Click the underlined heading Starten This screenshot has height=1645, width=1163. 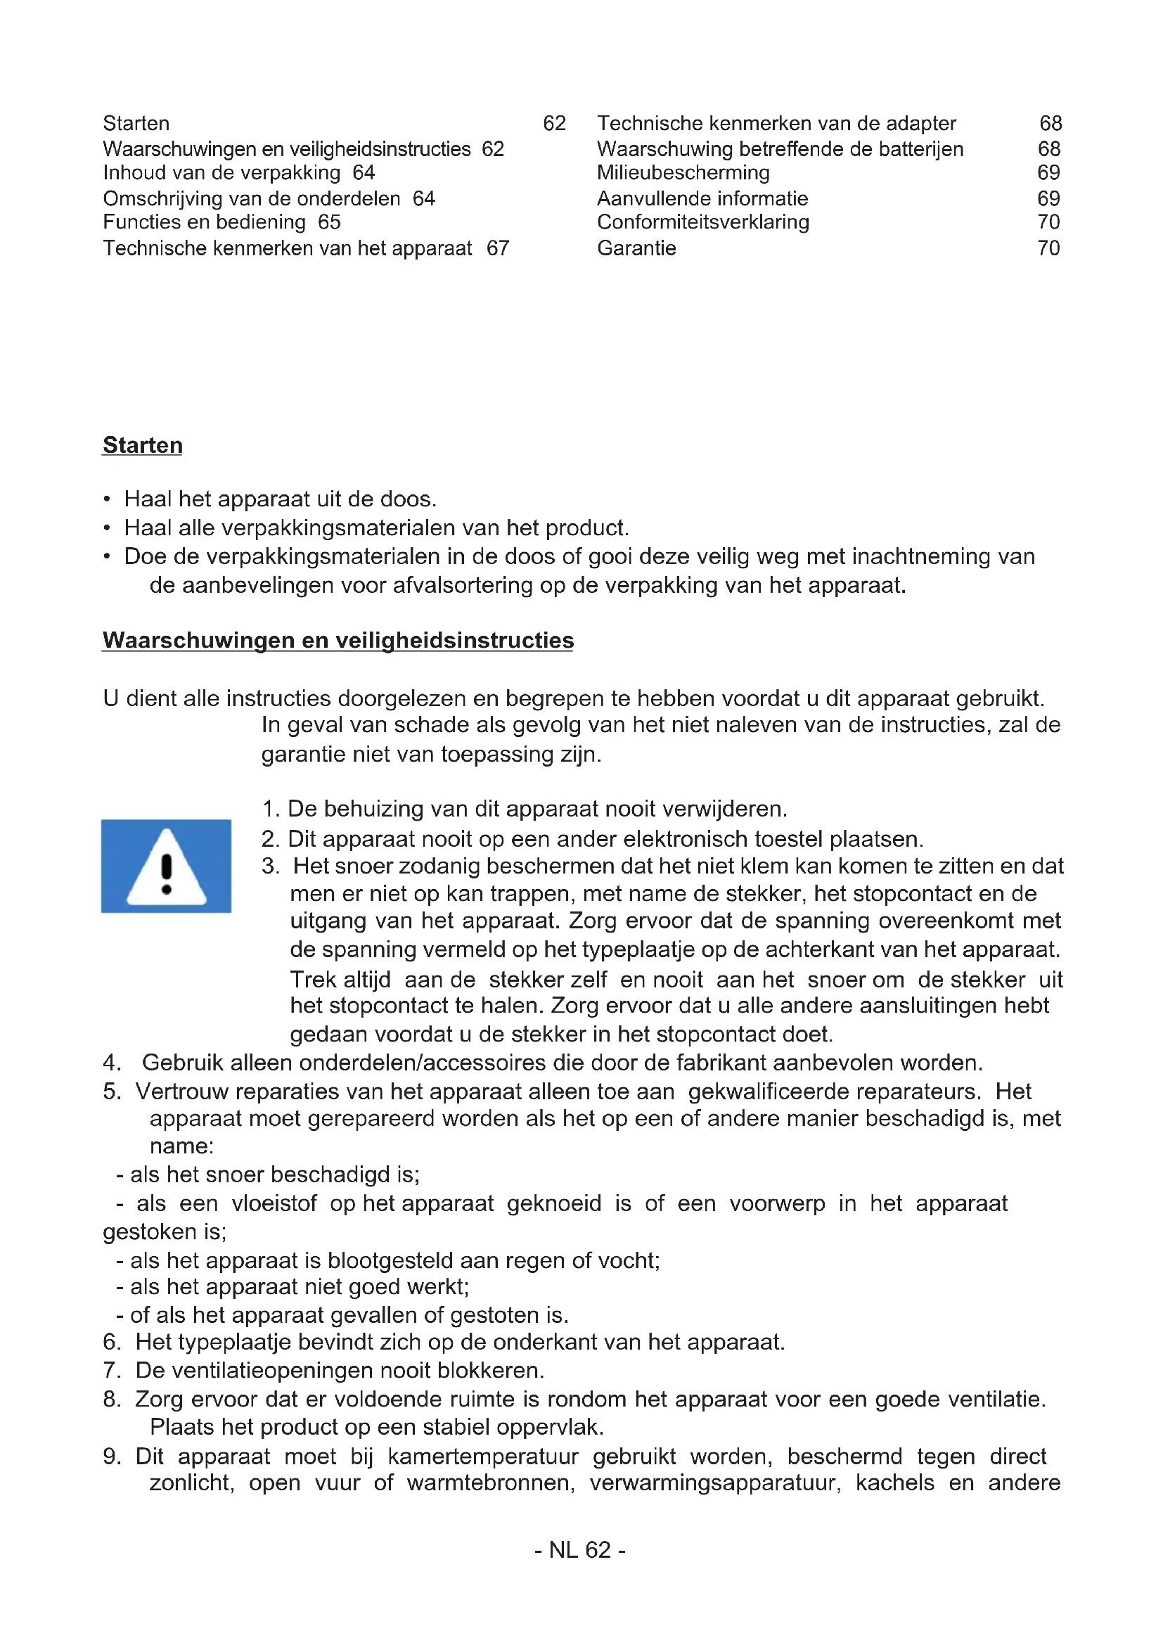pos(143,445)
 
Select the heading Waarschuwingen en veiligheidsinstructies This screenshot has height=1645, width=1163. pos(338,640)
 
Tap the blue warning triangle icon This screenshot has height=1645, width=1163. pos(166,866)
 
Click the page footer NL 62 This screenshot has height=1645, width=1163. pos(580,1550)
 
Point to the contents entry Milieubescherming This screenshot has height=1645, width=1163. pos(683,173)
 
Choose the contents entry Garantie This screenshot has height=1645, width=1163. pos(636,248)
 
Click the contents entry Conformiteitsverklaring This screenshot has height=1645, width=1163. pos(703,222)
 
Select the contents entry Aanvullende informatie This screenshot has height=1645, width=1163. pos(702,198)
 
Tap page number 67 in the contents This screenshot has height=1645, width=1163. pos(498,248)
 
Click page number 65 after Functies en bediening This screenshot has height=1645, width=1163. pos(329,222)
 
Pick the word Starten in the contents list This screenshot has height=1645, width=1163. pos(136,123)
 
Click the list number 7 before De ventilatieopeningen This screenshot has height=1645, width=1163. pos(111,1370)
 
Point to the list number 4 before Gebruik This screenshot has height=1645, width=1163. pos(111,1062)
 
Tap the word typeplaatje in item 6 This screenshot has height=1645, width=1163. pos(233,1341)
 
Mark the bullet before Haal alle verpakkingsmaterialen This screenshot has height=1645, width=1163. pos(107,528)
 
